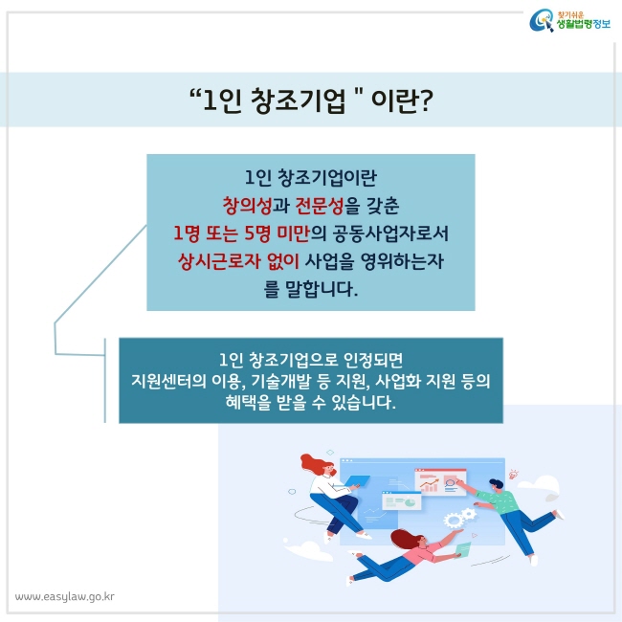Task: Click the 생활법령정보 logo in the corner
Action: click(x=569, y=21)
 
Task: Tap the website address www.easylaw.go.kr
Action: click(x=65, y=597)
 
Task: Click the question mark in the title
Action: click(x=425, y=100)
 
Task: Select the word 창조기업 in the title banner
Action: click(x=299, y=100)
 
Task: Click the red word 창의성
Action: click(x=247, y=206)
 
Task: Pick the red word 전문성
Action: click(x=320, y=206)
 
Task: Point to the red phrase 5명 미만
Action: click(x=277, y=233)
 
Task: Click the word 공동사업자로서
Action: click(x=390, y=233)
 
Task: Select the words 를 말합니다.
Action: click(x=311, y=289)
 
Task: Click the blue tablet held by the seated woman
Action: click(x=358, y=480)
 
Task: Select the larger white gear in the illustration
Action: click(x=453, y=520)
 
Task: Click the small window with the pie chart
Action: click(x=401, y=500)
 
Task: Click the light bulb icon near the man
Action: click(x=514, y=473)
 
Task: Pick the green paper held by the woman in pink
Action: click(x=463, y=550)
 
